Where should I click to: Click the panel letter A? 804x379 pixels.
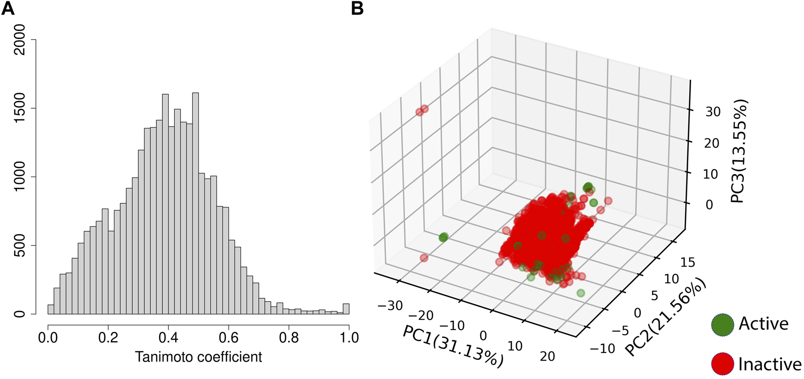8,9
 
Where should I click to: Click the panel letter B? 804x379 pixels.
357,9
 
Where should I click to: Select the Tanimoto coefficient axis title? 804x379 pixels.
198,357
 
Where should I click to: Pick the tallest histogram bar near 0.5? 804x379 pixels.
195,203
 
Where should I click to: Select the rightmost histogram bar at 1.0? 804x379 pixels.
346,309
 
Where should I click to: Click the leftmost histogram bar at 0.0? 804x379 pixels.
51,310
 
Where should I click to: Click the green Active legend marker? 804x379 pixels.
723,324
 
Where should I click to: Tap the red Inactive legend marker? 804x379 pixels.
723,364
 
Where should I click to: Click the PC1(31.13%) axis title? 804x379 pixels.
453,347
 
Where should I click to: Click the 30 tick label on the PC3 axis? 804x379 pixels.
713,112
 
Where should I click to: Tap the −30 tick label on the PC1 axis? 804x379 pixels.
390,305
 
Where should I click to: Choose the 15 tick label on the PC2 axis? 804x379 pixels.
687,262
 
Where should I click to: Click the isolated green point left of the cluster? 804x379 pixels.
443,237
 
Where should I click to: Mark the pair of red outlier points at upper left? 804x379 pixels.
422,110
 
